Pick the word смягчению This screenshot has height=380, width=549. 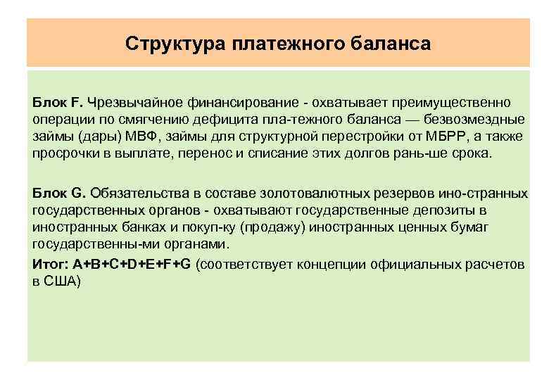click(131, 120)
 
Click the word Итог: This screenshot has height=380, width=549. click(49, 264)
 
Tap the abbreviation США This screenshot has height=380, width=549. click(63, 281)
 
